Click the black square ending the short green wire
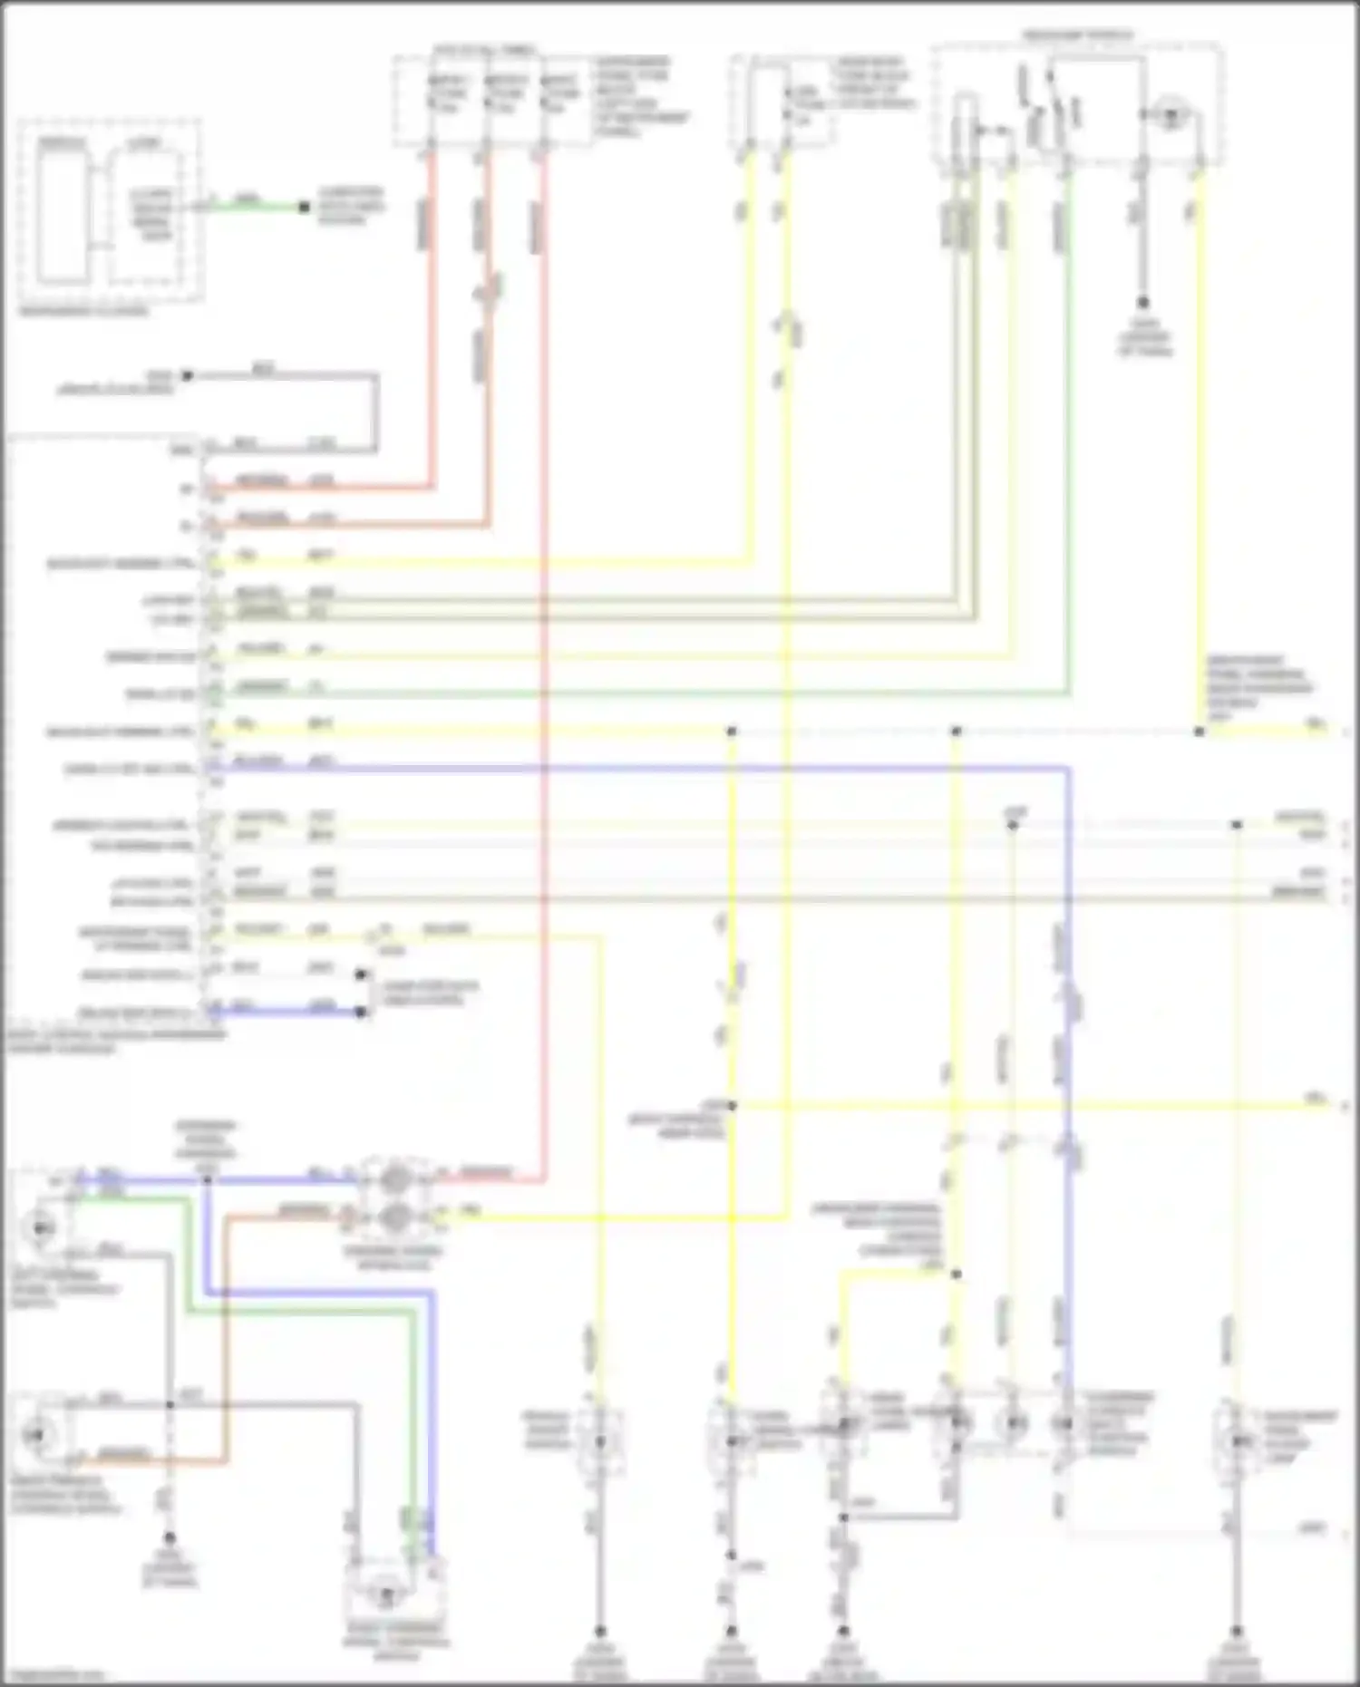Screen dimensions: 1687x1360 point(305,208)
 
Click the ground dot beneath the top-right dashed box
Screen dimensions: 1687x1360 point(1143,303)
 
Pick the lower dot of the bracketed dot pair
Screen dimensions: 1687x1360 point(362,1012)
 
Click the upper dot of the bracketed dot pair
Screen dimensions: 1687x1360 point(362,974)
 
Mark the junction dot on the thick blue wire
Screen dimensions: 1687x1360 point(207,1179)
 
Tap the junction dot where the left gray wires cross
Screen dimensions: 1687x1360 point(170,1405)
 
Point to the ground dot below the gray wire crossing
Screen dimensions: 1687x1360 point(170,1538)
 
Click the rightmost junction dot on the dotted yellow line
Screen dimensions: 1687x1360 point(1199,732)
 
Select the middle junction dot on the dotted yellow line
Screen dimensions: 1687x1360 point(956,732)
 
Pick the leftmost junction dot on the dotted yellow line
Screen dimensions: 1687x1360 point(732,732)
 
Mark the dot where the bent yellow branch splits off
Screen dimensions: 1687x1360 point(956,1274)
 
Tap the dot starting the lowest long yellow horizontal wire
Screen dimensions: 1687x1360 point(732,1106)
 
